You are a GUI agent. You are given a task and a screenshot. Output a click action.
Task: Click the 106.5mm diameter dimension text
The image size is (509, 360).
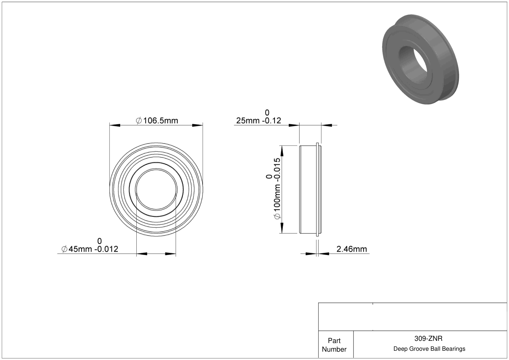point(157,120)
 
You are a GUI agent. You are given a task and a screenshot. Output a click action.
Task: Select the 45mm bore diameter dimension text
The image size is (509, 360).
point(90,249)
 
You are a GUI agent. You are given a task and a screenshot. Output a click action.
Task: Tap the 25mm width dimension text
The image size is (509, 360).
point(259,120)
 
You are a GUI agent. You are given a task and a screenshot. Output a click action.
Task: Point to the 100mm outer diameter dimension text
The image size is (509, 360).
point(277,189)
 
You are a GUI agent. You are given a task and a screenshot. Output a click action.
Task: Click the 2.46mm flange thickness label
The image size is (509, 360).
point(352,249)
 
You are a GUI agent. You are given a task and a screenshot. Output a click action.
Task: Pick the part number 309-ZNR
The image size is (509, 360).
point(429,338)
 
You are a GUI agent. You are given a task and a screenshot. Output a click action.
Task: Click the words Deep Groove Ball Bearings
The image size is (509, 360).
point(429,349)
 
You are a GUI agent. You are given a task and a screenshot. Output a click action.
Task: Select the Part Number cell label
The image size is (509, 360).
point(334,345)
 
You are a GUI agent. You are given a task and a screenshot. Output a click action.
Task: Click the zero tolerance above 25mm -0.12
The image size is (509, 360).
point(267,113)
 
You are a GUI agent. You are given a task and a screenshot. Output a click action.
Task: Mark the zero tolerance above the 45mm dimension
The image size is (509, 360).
point(99,241)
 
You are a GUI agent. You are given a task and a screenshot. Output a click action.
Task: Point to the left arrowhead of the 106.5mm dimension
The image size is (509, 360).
point(115,125)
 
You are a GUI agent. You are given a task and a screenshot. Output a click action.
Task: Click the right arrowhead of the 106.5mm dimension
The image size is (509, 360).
point(198,125)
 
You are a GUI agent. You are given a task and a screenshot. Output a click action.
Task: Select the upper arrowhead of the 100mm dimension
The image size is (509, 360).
point(282,151)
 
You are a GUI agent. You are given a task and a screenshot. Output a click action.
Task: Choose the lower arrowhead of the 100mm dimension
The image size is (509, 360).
point(282,228)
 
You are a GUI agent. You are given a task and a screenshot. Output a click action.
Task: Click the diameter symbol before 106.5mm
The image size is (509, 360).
point(139,120)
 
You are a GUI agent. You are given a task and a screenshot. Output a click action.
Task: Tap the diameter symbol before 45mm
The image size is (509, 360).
point(64,249)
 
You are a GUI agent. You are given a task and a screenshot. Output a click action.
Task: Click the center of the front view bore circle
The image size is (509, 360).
point(156,190)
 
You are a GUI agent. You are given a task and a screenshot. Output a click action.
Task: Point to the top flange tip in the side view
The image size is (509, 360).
point(317,143)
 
